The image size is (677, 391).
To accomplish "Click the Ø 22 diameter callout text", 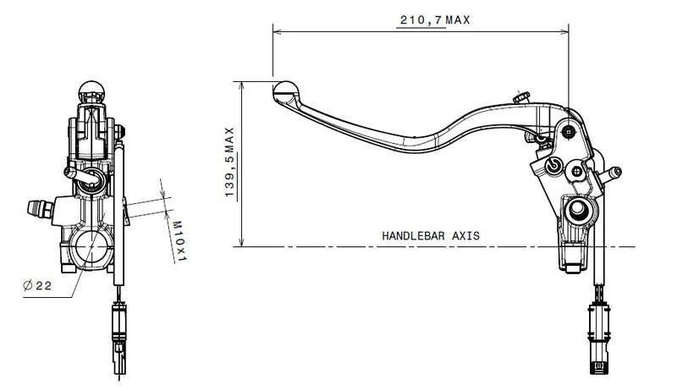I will (37, 286).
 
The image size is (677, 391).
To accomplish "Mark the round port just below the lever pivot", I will (554, 165).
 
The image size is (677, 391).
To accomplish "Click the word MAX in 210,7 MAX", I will (457, 19).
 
